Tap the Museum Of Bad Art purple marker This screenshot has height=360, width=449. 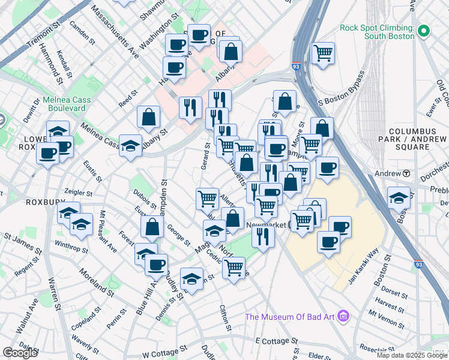pyautogui.click(x=343, y=316)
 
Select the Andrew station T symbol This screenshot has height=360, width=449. pyautogui.click(x=406, y=173)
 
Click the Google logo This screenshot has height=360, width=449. pyautogui.click(x=20, y=353)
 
